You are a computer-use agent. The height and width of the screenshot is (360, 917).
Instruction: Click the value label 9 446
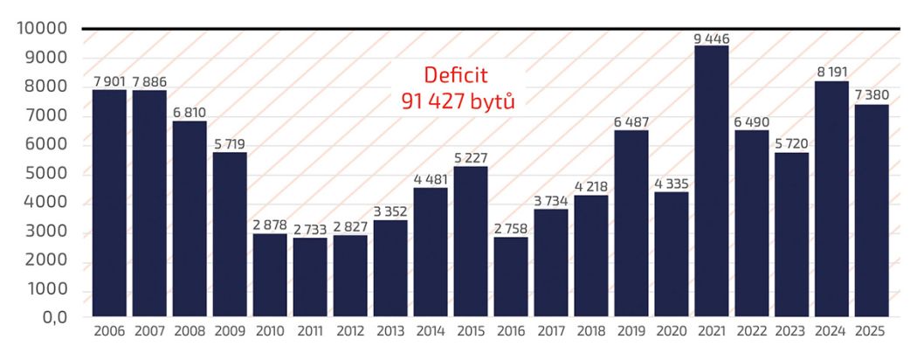click(x=712, y=38)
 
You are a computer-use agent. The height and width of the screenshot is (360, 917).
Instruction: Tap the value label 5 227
click(x=471, y=158)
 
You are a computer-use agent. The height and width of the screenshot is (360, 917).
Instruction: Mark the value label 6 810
click(x=190, y=114)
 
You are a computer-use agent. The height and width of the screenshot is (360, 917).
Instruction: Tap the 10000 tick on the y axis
click(x=42, y=30)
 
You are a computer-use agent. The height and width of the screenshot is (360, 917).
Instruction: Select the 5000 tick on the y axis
click(x=46, y=175)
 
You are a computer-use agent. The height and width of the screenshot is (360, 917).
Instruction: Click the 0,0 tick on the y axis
click(x=52, y=320)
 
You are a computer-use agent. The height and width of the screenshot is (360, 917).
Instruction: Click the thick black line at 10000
click(x=489, y=30)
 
